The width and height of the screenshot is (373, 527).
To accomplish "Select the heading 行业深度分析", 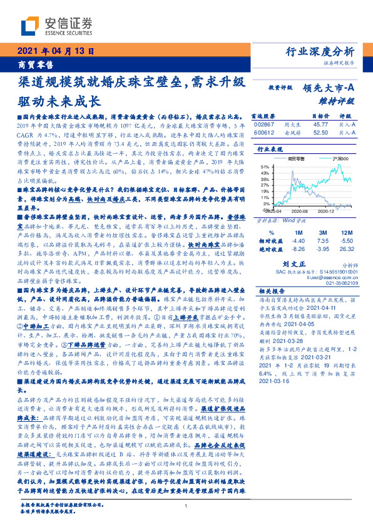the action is [319, 51].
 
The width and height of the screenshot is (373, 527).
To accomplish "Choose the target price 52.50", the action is [320, 133].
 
